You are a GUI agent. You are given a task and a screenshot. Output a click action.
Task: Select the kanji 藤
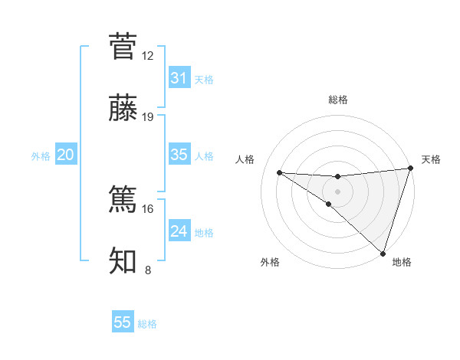(x=123, y=109)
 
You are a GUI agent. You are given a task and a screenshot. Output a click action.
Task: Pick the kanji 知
(x=123, y=261)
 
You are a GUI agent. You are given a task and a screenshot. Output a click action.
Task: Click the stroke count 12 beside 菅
(x=148, y=55)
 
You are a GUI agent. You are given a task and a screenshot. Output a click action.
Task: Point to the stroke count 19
(x=148, y=117)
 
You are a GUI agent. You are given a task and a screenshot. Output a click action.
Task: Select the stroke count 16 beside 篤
(x=148, y=208)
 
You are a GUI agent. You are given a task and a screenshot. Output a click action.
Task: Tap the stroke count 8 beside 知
(x=148, y=270)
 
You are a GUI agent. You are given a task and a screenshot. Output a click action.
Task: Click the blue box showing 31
(x=179, y=77)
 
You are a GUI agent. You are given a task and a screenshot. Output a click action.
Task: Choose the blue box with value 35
(x=179, y=154)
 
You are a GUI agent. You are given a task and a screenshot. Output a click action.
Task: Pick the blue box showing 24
(x=179, y=231)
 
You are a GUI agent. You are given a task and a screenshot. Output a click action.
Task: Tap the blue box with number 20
(x=65, y=154)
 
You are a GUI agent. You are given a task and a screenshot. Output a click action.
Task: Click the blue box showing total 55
(x=123, y=322)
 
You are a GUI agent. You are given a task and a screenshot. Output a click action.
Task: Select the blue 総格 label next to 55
(x=147, y=324)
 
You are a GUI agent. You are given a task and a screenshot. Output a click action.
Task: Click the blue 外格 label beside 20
(x=41, y=155)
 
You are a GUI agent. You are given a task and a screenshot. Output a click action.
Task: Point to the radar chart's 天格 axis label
(x=431, y=159)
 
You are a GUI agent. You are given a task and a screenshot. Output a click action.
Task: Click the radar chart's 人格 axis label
(x=245, y=159)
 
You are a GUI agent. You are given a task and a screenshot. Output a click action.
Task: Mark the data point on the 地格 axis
(x=383, y=253)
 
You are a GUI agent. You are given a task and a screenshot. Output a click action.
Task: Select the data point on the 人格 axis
(x=279, y=172)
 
